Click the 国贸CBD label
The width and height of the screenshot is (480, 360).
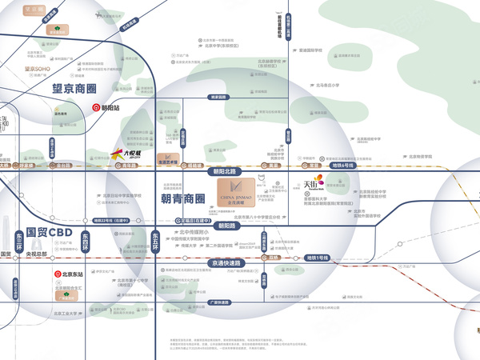(50, 233)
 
